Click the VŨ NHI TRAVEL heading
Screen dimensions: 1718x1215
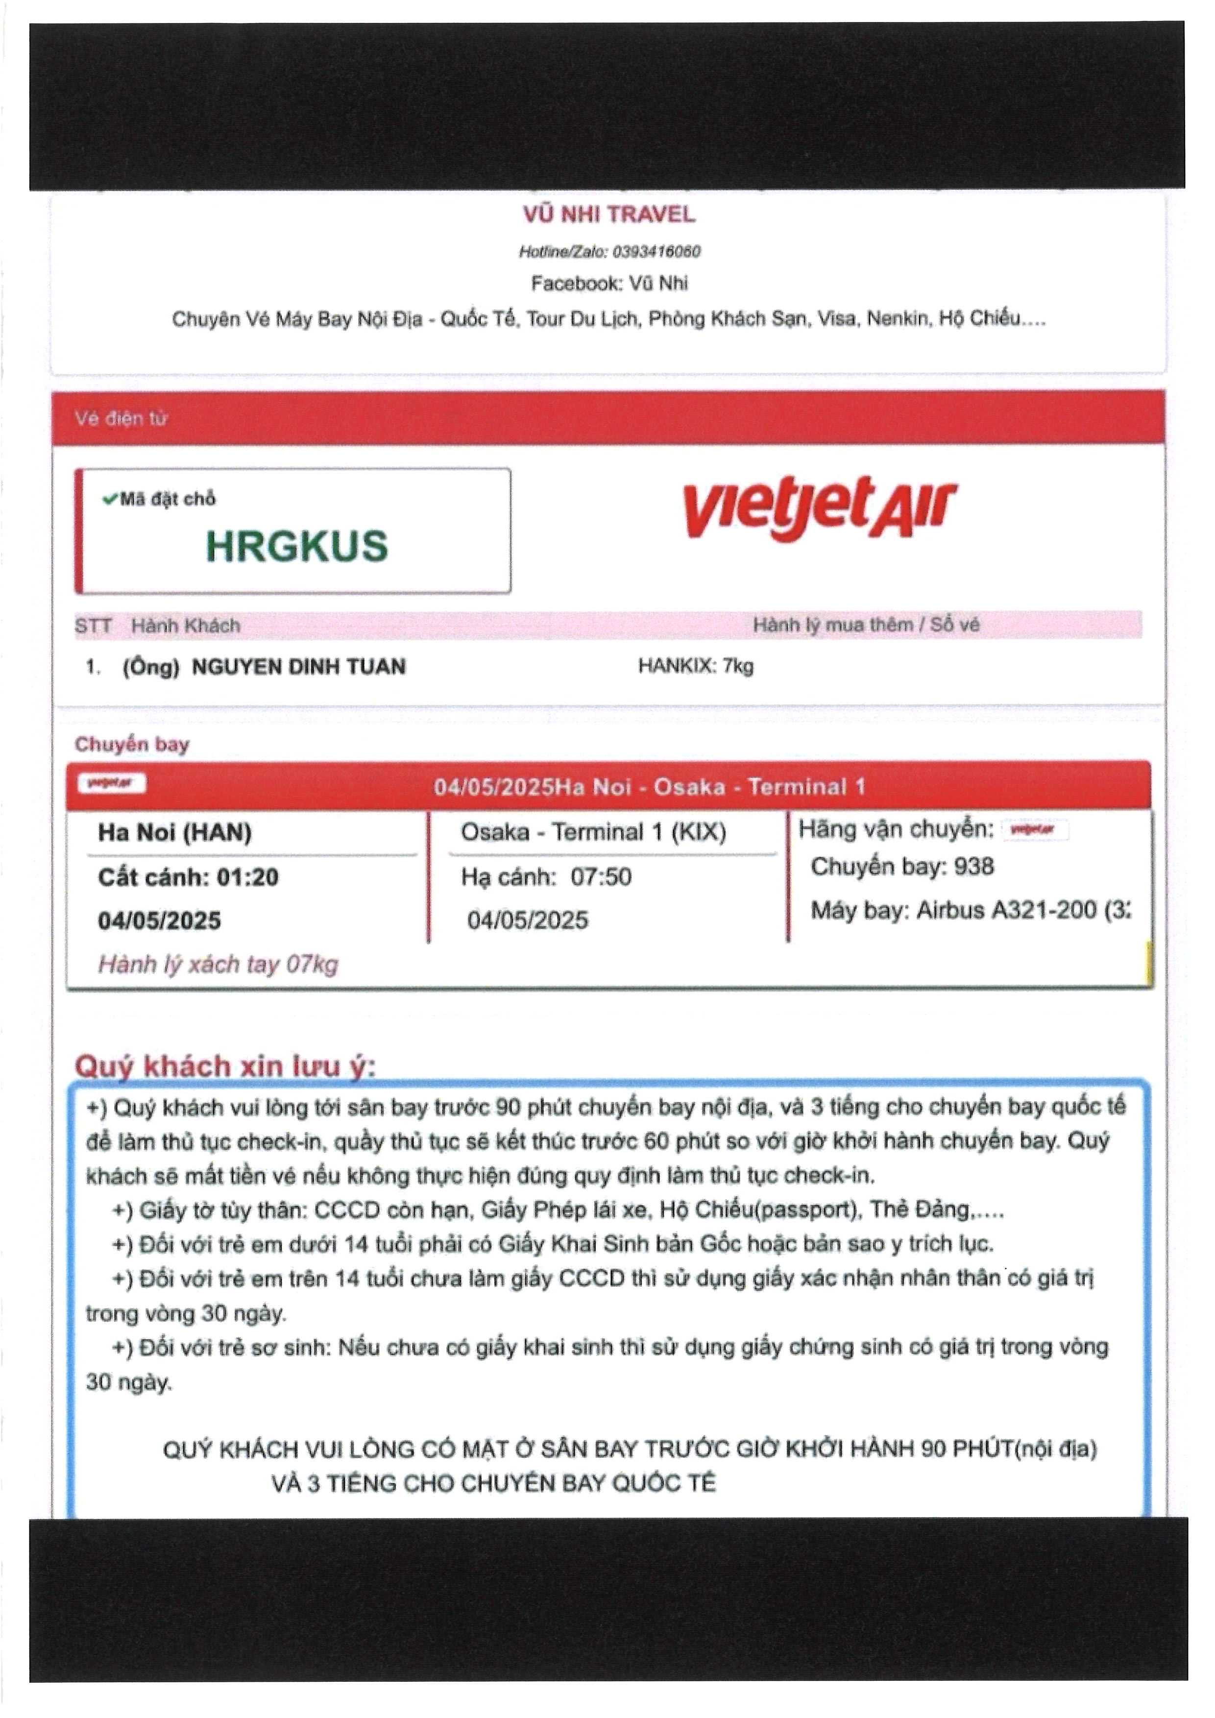click(609, 215)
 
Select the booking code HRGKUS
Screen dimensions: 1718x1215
click(297, 546)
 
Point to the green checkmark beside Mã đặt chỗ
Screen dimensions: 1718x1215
click(110, 498)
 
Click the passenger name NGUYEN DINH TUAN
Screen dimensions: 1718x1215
click(298, 667)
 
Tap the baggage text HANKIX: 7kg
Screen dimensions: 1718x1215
click(695, 666)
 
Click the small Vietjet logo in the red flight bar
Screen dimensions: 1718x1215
click(112, 783)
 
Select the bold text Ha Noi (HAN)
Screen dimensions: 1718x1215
click(174, 832)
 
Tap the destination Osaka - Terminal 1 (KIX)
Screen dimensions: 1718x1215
click(593, 832)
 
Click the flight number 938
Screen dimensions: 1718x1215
click(973, 867)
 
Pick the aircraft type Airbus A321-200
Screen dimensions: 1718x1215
click(1006, 910)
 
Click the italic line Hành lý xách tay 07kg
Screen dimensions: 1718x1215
click(218, 965)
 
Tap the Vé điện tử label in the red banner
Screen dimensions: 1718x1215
click(121, 418)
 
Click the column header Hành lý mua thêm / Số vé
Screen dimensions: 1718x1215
click(866, 625)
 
